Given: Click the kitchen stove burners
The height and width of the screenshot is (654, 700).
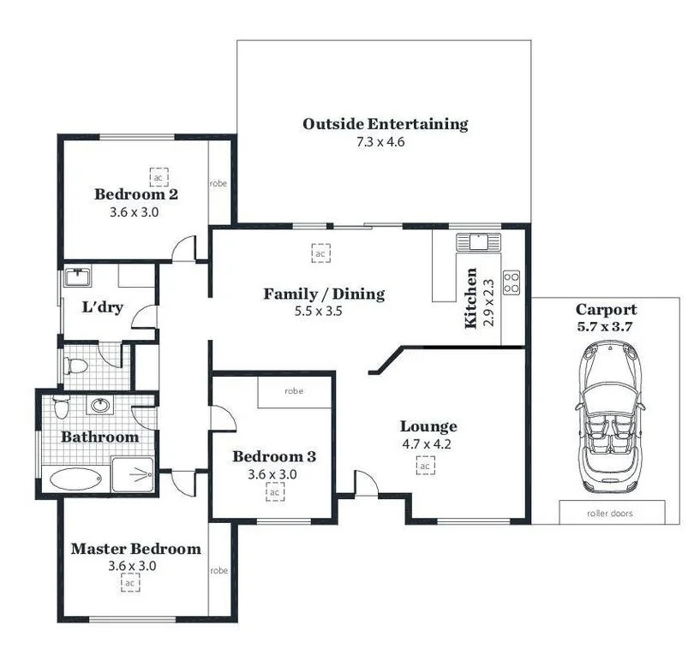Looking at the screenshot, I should pos(511,282).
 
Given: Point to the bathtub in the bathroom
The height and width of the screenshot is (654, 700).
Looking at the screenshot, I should pos(75,478).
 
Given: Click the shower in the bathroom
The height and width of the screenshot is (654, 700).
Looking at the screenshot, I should pos(132,474).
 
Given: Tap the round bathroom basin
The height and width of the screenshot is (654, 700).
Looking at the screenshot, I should pos(100,405).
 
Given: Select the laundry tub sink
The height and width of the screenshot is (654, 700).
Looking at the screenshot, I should pos(77,278).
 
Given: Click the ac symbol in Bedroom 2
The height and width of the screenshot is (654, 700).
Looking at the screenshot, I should pos(158,176).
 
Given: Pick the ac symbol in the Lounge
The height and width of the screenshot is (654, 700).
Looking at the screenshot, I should pos(425,465).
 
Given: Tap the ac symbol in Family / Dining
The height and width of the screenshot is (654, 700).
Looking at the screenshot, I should pos(320,254).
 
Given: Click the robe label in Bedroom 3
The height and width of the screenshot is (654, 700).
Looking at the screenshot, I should pos(293,391).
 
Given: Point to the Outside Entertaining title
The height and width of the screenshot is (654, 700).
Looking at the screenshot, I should pos(385,124).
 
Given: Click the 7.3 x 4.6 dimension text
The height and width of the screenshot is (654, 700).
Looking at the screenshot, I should pos(380,142).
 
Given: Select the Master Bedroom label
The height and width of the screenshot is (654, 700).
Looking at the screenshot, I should pos(135,549).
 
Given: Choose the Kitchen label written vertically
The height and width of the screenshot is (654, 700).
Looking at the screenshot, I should pos(470,299).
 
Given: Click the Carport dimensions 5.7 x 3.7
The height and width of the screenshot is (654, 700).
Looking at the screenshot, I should pos(605,326).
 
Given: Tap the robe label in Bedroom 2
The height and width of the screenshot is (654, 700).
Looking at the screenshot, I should pos(218,183).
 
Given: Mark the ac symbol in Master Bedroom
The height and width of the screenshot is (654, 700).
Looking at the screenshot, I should pos(130,583).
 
